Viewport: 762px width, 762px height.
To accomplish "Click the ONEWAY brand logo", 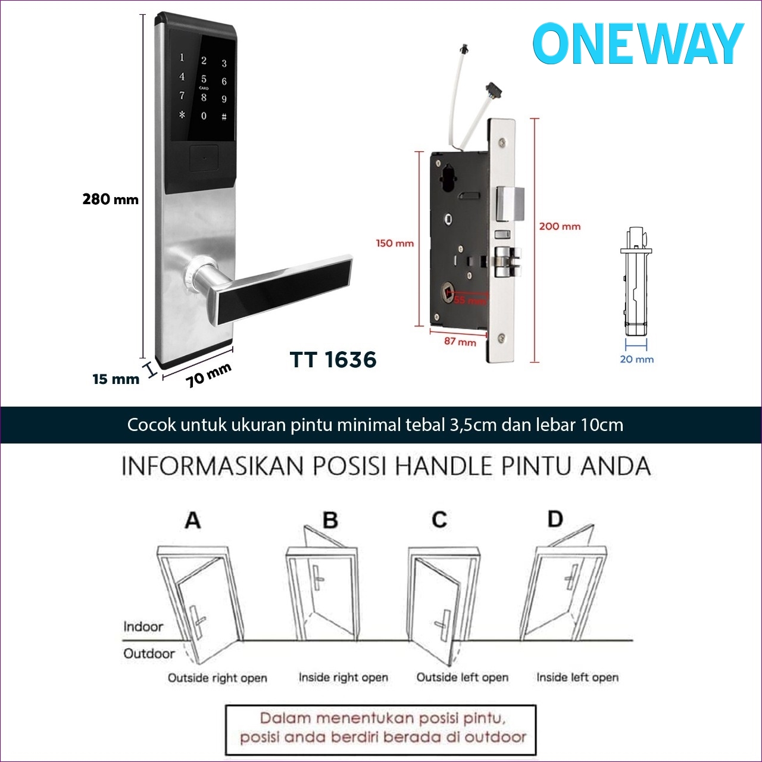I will [638, 44].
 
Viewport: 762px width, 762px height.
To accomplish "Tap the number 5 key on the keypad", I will [204, 79].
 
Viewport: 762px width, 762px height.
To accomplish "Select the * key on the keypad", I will [182, 114].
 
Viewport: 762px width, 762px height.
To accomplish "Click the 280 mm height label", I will [110, 199].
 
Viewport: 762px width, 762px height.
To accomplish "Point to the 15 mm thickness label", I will [115, 379].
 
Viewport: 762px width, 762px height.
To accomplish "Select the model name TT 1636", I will [333, 360].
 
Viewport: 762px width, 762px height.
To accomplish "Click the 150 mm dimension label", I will [394, 243].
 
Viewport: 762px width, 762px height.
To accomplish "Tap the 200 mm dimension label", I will [560, 226].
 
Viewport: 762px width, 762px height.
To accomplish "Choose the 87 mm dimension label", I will [460, 342].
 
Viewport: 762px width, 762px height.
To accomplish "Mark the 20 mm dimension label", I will [636, 359].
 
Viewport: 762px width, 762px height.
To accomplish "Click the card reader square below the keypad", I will [204, 159].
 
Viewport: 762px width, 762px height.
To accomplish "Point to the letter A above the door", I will [192, 520].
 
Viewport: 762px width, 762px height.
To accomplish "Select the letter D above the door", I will [555, 519].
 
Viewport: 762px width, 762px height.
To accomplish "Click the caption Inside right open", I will [343, 677].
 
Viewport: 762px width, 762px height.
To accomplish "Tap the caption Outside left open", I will [462, 677].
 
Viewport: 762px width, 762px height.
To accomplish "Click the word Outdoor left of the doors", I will [149, 654].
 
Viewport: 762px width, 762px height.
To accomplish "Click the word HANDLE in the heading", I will [444, 466].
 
